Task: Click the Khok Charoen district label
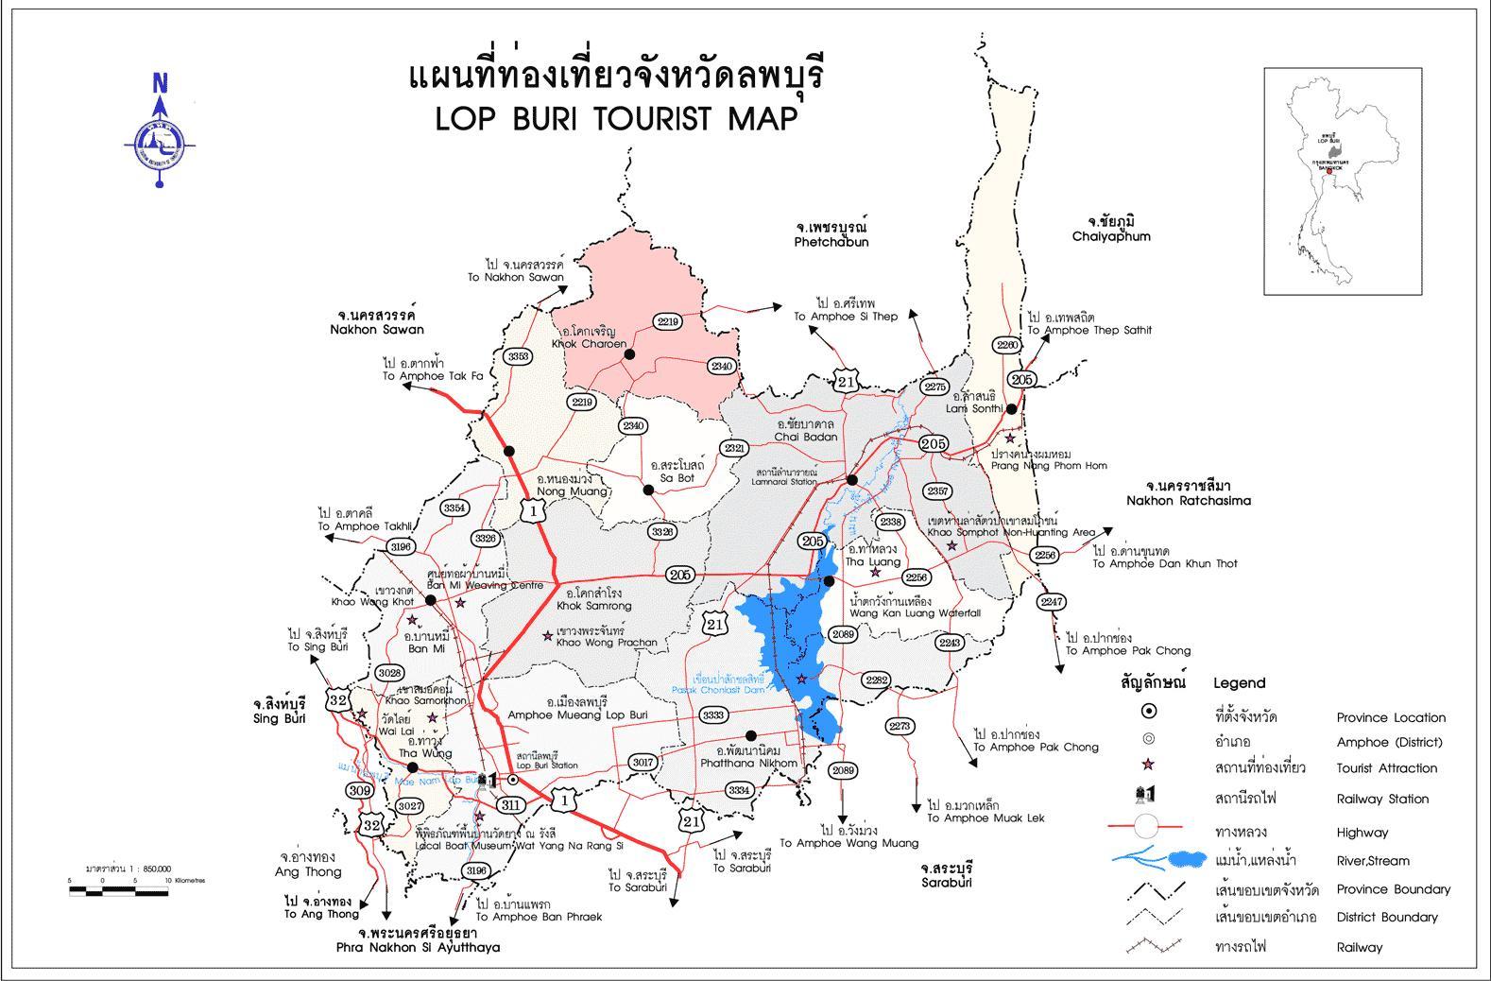589,338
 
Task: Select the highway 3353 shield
518,356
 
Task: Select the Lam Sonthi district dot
1011,409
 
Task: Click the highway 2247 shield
1051,601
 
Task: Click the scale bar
117,889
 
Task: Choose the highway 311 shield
510,805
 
